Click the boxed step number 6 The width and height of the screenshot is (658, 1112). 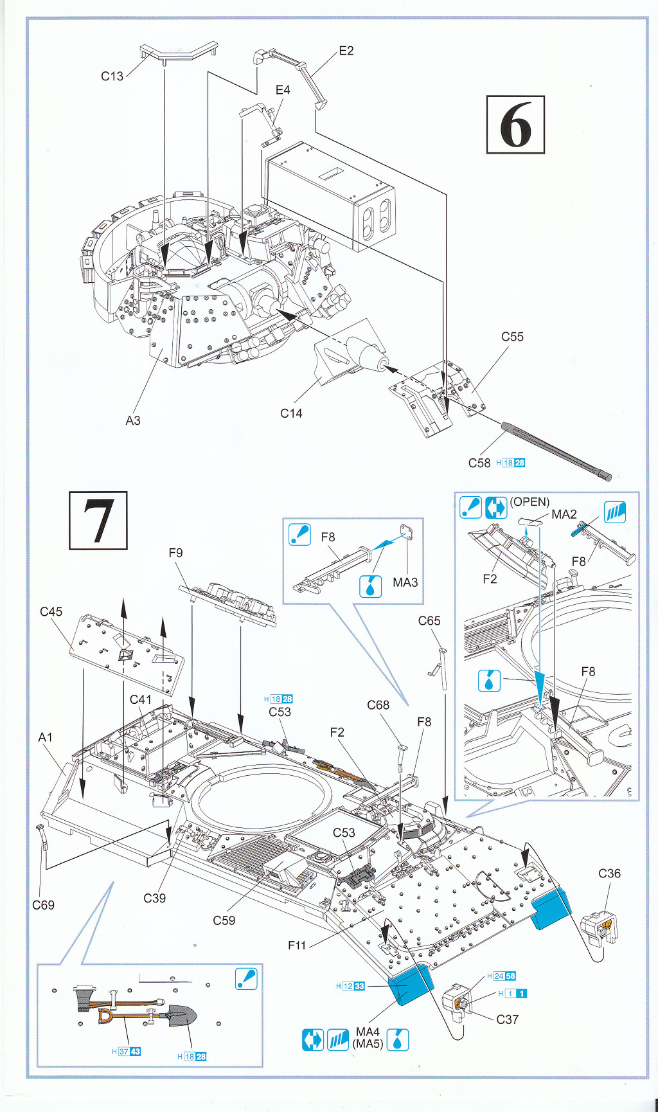point(515,125)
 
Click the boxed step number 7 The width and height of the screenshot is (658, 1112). point(98,521)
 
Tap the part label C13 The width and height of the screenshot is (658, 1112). point(112,76)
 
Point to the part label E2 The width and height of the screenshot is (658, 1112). point(346,51)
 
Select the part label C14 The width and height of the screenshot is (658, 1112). point(291,413)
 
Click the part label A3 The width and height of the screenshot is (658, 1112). point(132,420)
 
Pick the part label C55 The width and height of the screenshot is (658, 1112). point(512,336)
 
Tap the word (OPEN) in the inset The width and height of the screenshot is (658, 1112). point(529,501)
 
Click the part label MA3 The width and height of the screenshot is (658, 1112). point(405,582)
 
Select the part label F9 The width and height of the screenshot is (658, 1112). point(175,553)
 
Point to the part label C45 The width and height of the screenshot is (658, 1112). point(51,611)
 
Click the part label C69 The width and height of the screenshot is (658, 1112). point(43,905)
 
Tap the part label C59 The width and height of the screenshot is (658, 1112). point(224,920)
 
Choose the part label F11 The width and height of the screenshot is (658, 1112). point(297,945)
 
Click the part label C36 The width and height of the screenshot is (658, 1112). point(609,873)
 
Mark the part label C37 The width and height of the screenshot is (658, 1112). point(507,1019)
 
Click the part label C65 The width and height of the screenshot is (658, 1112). point(429,620)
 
